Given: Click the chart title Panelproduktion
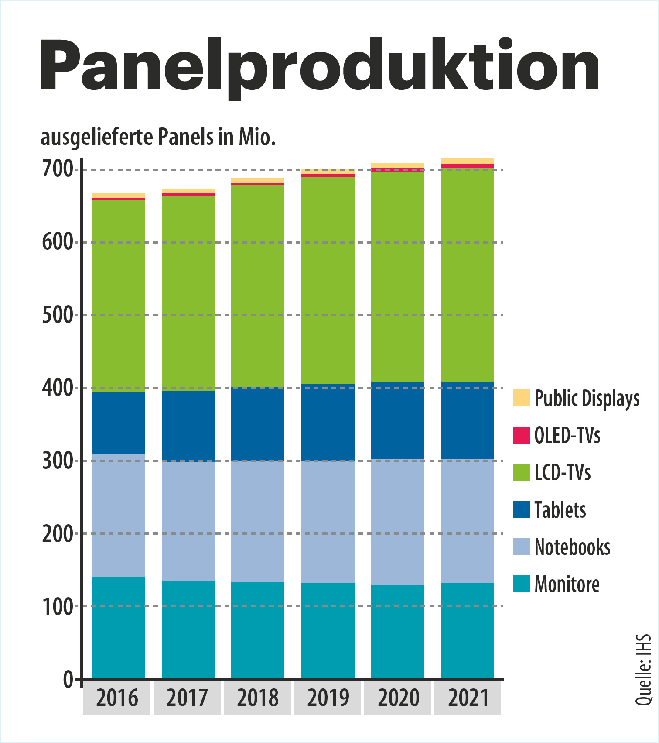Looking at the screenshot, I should pos(320,65).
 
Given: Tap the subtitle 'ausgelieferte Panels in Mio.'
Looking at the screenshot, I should pos(158,137).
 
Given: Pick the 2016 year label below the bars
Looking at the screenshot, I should pos(117,698).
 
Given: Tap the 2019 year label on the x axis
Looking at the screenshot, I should pos(328,698).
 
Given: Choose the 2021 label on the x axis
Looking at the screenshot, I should pos(468,698).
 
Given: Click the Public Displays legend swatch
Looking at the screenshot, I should pos(522,398).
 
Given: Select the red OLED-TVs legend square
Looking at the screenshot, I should pos(522,435).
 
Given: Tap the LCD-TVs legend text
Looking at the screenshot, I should pos(563,472).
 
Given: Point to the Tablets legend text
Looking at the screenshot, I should pos(560,510).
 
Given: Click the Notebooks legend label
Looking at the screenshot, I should pos(572,547).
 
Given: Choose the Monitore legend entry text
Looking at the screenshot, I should pos(567,584).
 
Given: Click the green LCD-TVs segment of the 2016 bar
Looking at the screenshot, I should pos(118,296).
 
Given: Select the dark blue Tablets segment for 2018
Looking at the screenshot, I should pos(258,424).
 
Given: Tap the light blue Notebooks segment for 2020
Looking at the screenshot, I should pos(398,522).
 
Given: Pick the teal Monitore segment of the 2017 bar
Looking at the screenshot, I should pos(189,629).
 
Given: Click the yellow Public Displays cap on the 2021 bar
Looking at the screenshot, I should pos(468,161).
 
